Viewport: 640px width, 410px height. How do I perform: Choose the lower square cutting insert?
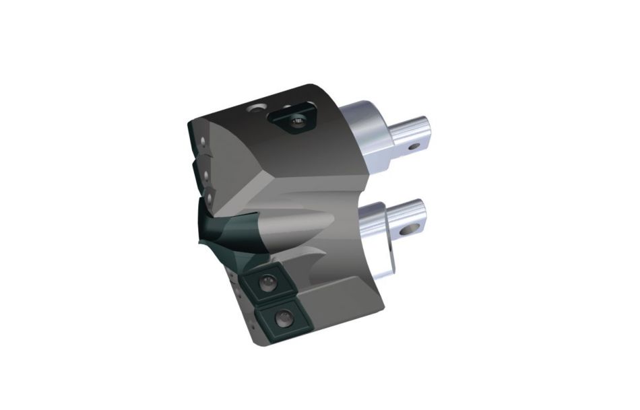278,316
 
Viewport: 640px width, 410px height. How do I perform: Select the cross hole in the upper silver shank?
414,144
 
